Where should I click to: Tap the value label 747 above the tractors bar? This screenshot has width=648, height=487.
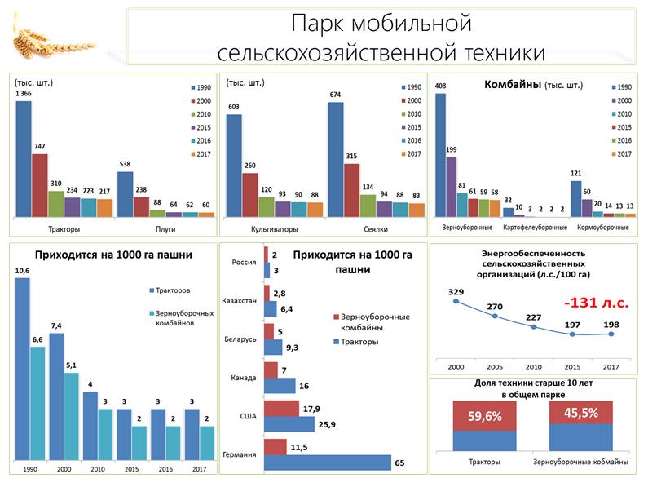click(39, 146)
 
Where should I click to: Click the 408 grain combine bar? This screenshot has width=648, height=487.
click(440, 155)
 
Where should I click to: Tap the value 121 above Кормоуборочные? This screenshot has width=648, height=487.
click(575, 173)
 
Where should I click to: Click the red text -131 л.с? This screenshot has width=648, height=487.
click(596, 303)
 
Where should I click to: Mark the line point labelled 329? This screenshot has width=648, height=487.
click(456, 302)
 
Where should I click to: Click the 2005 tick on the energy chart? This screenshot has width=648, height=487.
click(495, 367)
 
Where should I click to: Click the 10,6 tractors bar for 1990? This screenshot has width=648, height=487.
click(22, 370)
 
